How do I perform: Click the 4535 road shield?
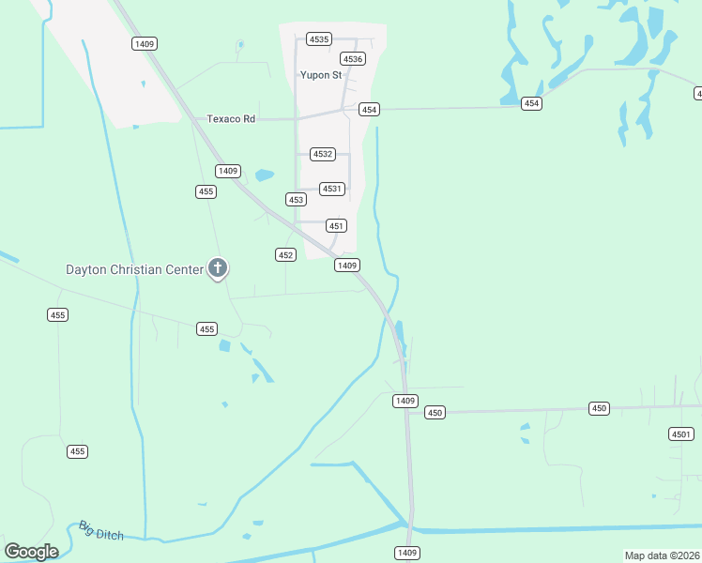pos(319,39)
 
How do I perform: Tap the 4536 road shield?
pos(353,59)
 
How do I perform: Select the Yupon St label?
pos(321,75)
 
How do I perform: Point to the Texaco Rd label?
pos(231,119)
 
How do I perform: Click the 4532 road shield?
pos(322,154)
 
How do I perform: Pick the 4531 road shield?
pos(332,189)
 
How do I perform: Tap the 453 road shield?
pos(297,200)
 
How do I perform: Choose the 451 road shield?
pos(337,226)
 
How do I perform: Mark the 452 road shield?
pos(286,255)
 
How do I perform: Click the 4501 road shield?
pos(681,434)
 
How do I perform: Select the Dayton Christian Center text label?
pos(134,270)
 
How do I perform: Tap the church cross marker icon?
pos(218,269)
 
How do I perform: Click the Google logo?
pos(31,552)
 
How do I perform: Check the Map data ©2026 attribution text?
pos(662,555)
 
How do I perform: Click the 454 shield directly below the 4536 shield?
pos(369,110)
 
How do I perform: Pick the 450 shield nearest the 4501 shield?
pos(600,408)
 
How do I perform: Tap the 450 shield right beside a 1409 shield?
pos(434,413)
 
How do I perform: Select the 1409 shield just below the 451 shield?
pos(347,266)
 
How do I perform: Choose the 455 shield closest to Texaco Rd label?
pos(206,191)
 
